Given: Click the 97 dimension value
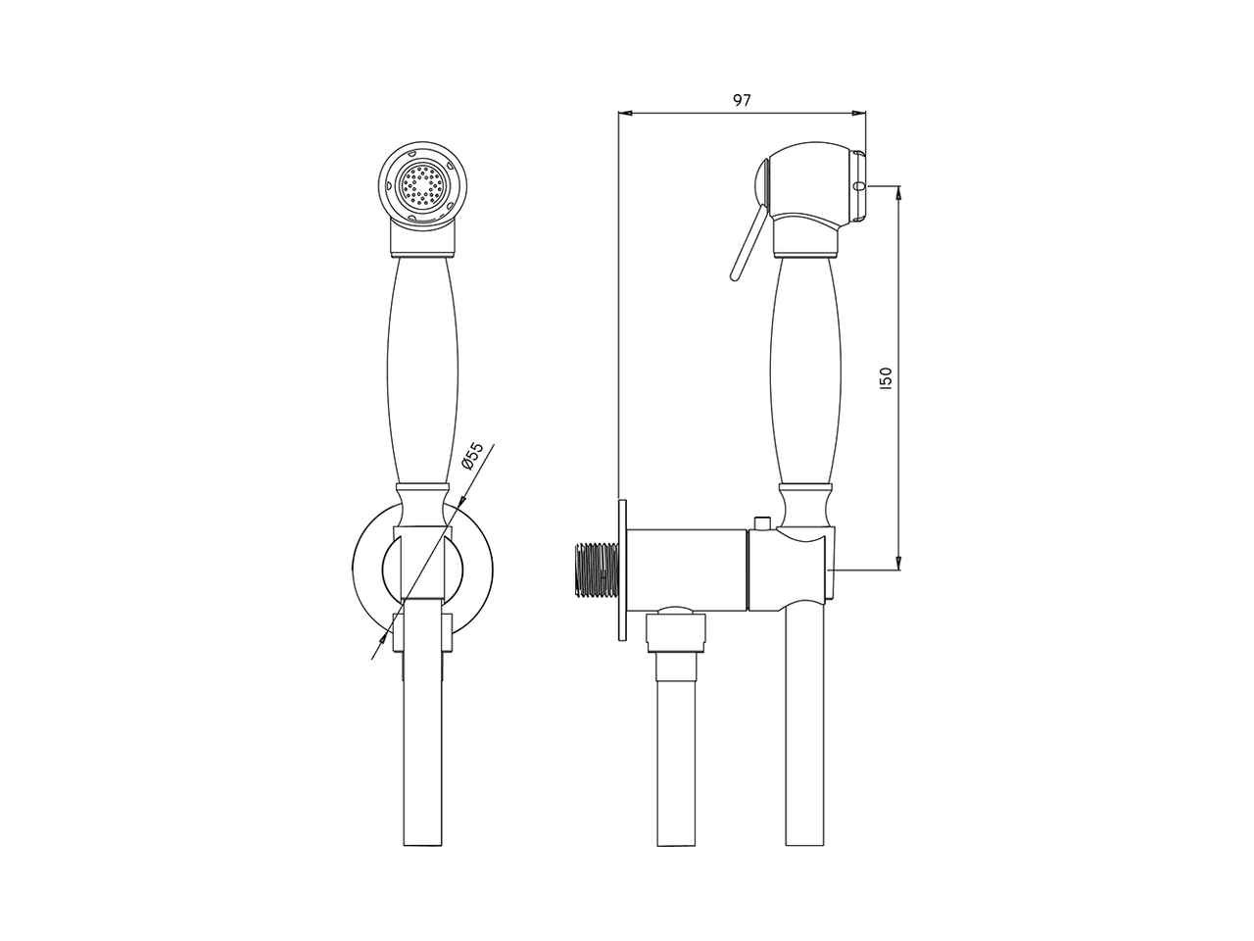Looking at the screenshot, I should click(742, 100).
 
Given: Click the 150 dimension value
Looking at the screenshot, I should click(886, 378).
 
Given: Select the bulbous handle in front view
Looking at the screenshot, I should click(424, 372).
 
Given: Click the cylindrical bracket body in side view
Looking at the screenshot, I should click(686, 570).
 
